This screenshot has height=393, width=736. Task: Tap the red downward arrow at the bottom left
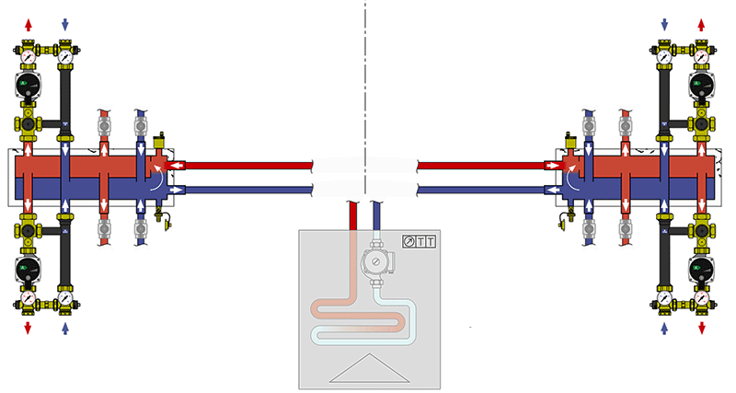pos(28,328)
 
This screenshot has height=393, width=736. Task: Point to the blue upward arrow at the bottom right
pos(664,328)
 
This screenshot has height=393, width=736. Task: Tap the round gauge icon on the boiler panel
pos(409,241)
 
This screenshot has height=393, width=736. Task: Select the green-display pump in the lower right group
pos(701,266)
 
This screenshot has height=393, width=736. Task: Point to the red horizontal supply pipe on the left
pos(248,167)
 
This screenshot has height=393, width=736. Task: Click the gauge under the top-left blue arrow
pos(64,57)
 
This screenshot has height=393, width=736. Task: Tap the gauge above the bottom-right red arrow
pos(701,298)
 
